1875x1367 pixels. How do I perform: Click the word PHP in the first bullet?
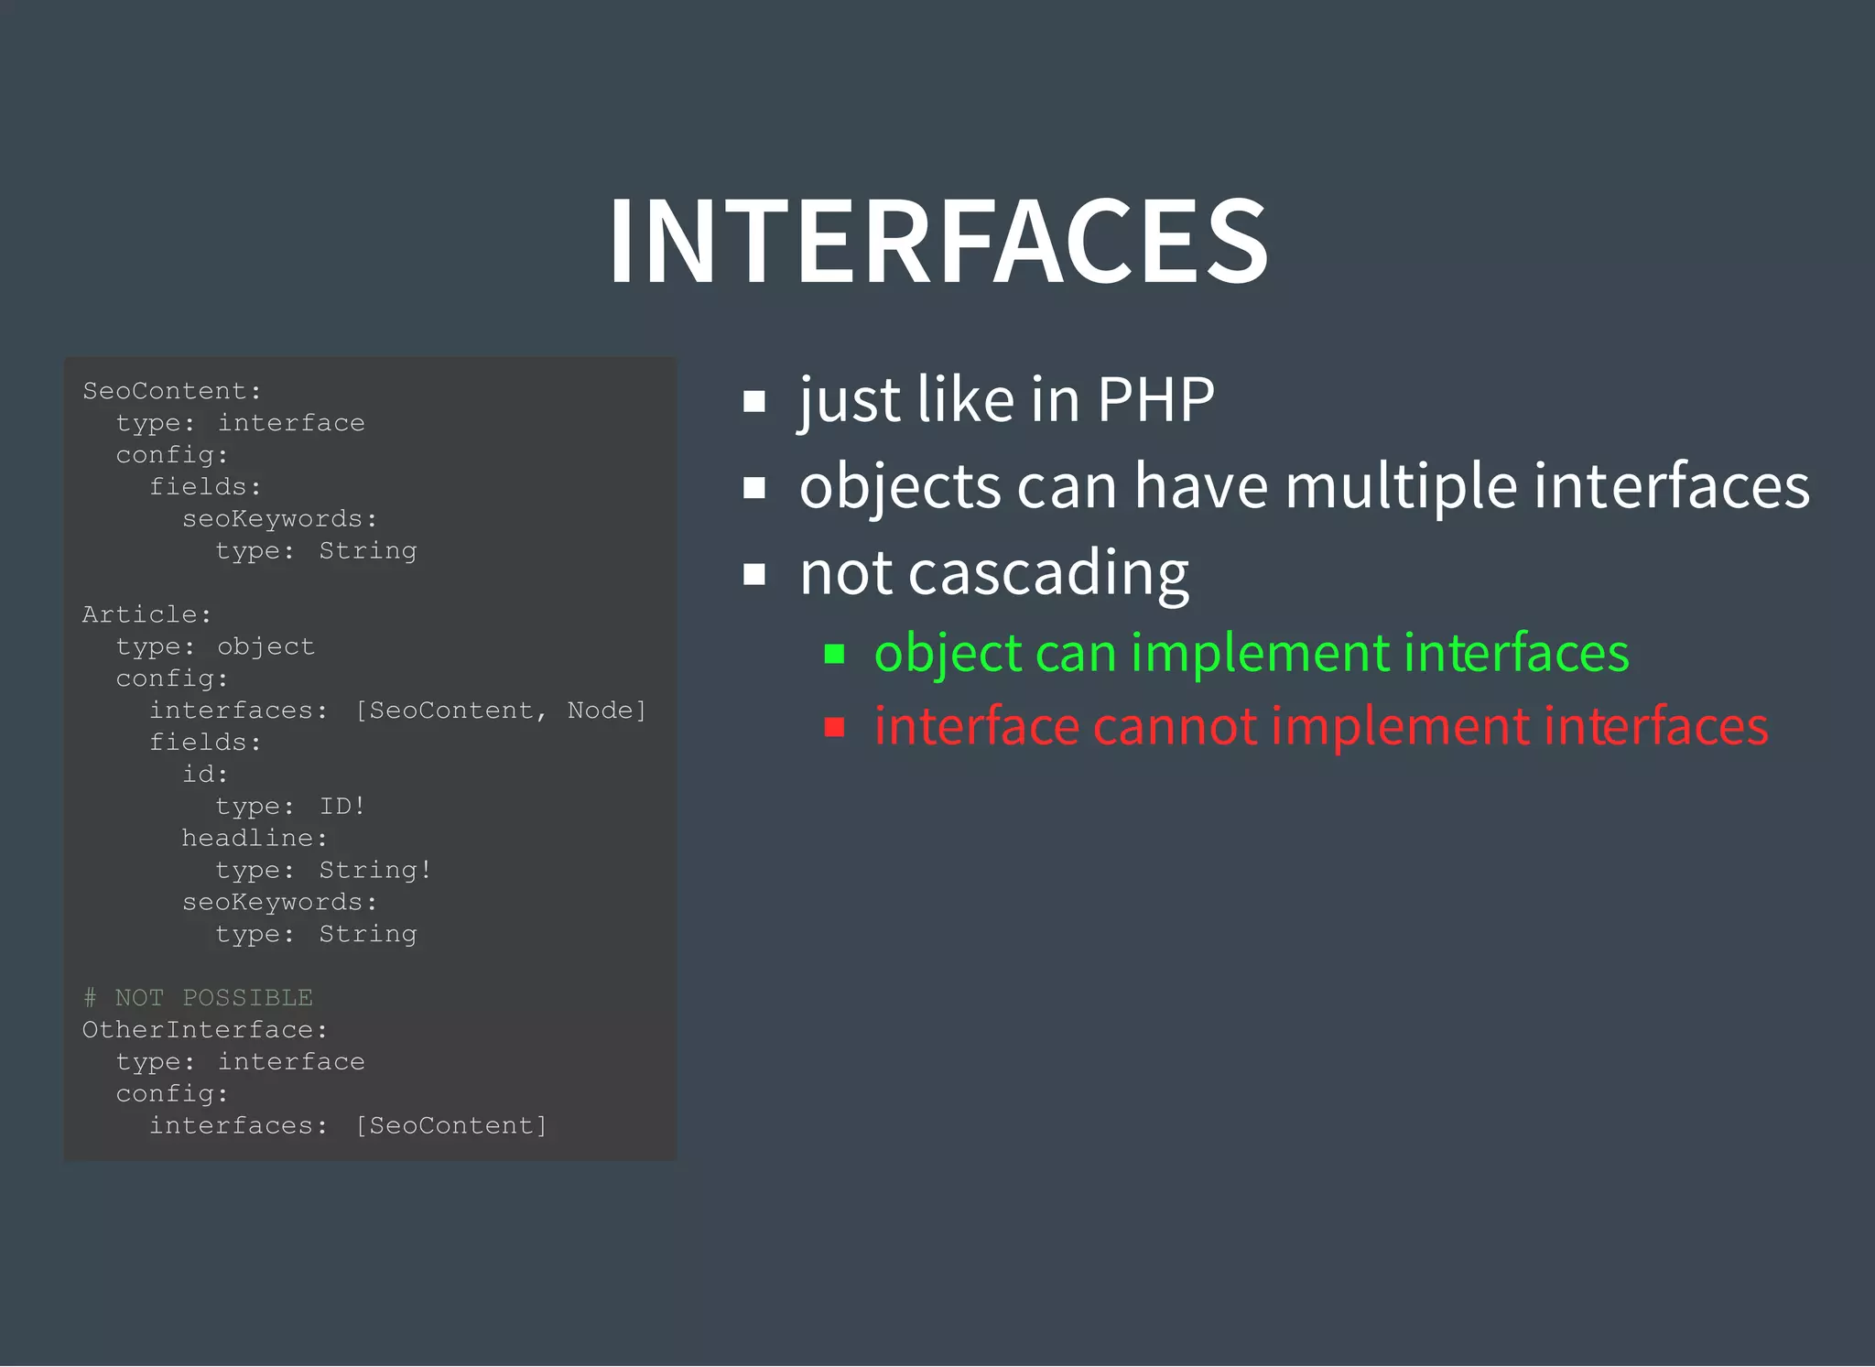click(1155, 400)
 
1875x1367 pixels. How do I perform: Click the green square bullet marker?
click(834, 654)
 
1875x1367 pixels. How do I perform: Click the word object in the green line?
click(948, 654)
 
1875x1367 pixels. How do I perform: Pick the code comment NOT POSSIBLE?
click(213, 998)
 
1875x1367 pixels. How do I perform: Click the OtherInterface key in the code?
click(200, 1030)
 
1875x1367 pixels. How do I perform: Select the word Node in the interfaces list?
click(600, 711)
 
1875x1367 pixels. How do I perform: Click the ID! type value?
click(342, 807)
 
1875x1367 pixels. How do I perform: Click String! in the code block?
click(375, 871)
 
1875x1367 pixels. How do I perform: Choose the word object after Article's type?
click(266, 646)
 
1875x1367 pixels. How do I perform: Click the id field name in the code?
click(200, 775)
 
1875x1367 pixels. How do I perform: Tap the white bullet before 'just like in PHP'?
click(754, 401)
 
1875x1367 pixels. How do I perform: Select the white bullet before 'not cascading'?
click(754, 575)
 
